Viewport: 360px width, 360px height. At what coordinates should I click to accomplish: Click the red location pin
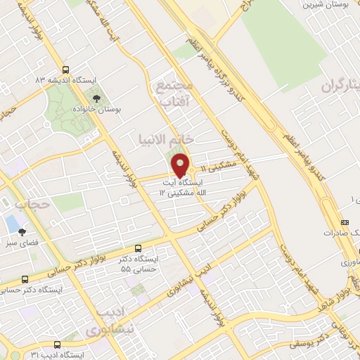[180, 165]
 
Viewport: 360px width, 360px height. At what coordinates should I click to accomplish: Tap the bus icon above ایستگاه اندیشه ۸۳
[65, 70]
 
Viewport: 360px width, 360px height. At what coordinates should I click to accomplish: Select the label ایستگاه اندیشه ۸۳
[63, 81]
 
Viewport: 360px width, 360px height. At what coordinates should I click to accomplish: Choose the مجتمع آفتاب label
[176, 94]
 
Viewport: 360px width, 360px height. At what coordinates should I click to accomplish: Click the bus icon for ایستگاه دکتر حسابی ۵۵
[137, 248]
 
